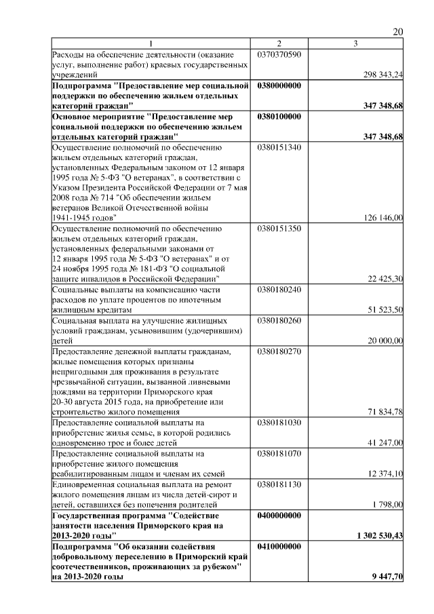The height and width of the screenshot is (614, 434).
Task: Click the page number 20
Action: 398,32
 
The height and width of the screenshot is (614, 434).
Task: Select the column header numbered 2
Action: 279,44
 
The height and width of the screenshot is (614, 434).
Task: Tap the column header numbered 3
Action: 355,44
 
